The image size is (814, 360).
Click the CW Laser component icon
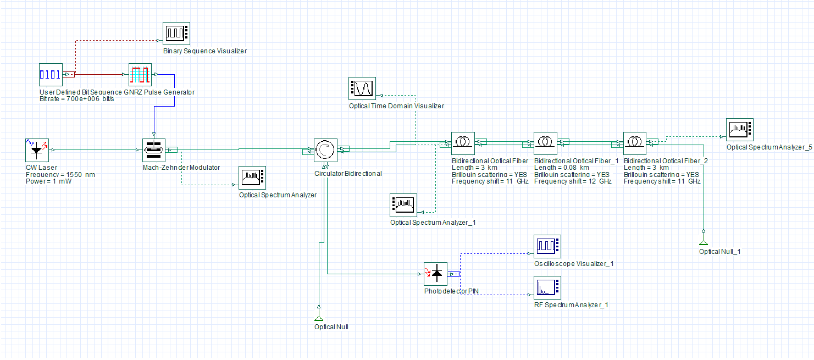[x=37, y=150]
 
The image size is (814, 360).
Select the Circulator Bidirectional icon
[x=325, y=150]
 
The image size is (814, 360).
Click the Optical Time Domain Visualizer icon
[x=362, y=88]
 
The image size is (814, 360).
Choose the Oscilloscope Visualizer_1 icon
[x=547, y=246]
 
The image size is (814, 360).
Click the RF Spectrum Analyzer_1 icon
[x=547, y=287]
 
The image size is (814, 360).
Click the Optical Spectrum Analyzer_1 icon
[x=403, y=205]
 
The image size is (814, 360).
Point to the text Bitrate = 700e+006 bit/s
[x=77, y=99]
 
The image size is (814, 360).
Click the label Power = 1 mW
[x=49, y=181]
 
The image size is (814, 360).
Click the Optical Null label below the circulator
[x=331, y=327]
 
